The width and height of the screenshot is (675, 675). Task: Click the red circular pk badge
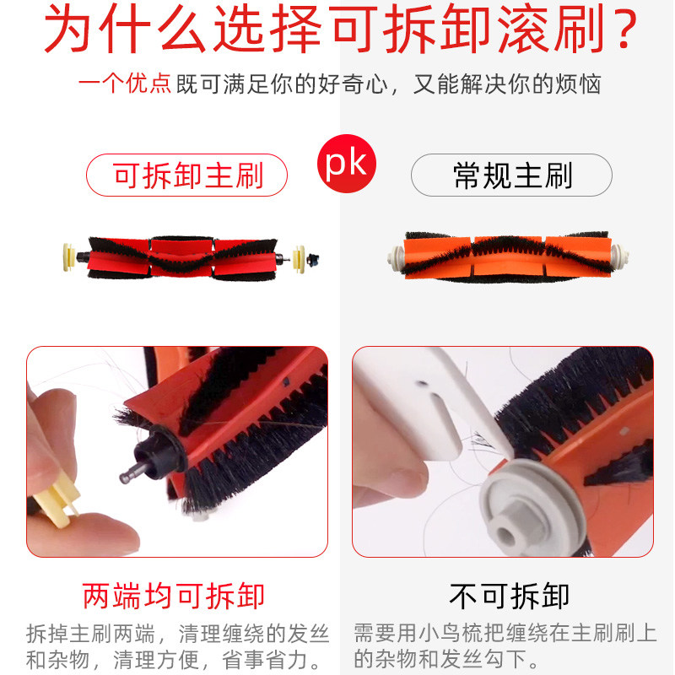pos(347,164)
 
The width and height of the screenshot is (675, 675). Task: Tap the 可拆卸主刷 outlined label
pos(187,175)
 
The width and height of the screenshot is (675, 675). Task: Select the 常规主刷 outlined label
pos(511,175)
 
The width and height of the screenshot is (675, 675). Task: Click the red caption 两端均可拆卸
pos(174,596)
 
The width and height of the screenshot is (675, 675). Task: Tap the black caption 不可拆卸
pos(510,596)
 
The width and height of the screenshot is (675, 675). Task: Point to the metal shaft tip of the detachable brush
pos(129,478)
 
